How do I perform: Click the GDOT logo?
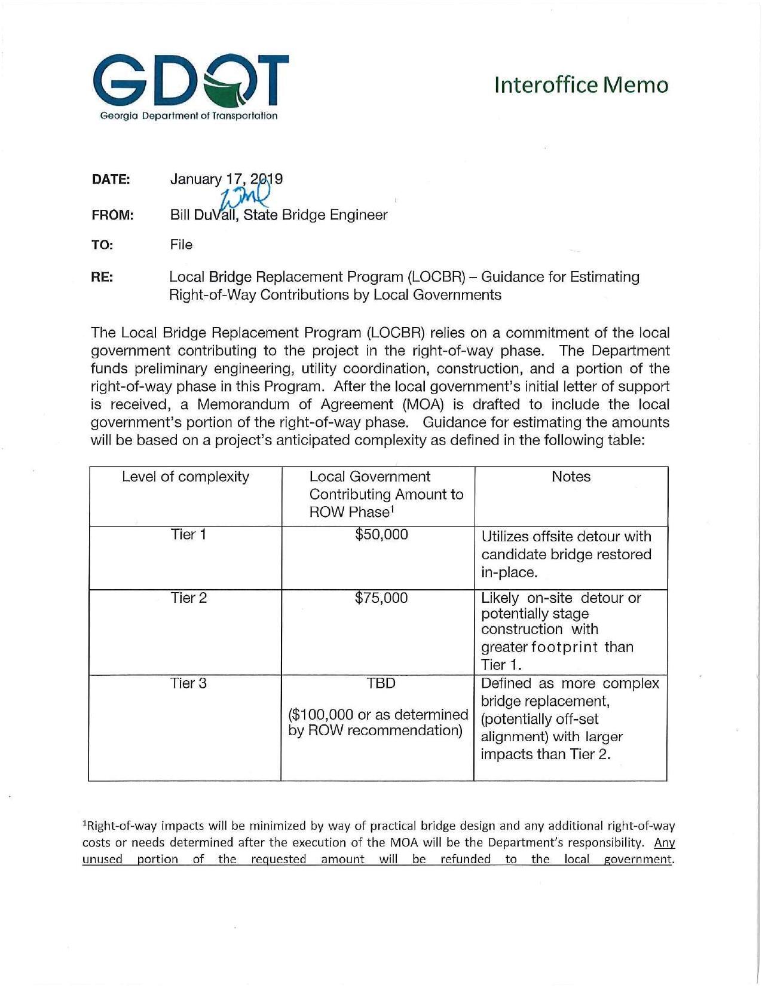coord(190,87)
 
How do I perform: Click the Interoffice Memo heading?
coord(581,85)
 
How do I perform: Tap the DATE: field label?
coord(111,179)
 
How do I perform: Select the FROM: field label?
coord(112,215)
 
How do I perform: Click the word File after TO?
coord(181,245)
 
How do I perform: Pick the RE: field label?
coord(102,278)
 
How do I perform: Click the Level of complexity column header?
coord(185,477)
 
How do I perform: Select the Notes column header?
coord(571,477)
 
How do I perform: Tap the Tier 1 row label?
coord(188,535)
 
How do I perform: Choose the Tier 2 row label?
coord(188,598)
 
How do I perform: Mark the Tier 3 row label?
coord(188,683)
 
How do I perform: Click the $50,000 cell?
coord(381,535)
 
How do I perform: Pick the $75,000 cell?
coord(381,598)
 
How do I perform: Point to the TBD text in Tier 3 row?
coord(381,683)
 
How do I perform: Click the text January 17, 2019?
coord(227,179)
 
